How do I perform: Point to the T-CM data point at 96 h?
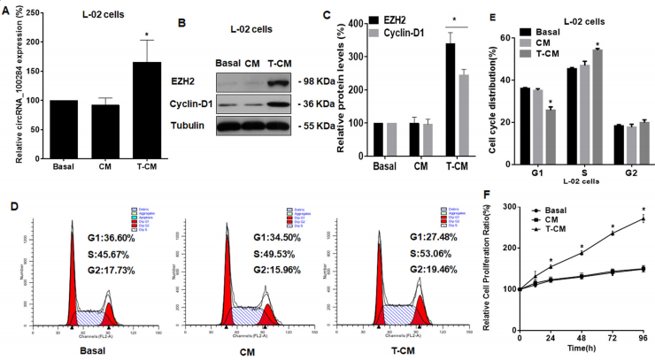pyautogui.click(x=643, y=218)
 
